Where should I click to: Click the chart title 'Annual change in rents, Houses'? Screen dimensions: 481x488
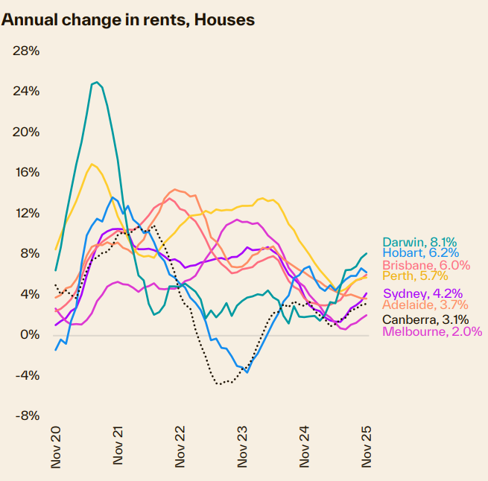coord(128,20)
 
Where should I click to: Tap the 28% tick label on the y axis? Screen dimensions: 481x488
coord(26,51)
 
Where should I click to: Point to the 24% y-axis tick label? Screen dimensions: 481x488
coord(26,91)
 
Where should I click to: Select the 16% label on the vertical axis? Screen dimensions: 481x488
coord(26,172)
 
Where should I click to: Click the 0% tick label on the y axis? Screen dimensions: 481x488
coord(29,334)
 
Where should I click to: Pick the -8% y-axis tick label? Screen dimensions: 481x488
coord(26,415)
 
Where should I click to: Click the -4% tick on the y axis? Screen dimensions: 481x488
coord(26,375)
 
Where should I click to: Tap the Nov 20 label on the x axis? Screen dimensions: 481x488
coord(56,447)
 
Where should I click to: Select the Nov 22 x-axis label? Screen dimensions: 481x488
coord(180,447)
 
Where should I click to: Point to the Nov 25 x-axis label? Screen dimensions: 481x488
coord(367,447)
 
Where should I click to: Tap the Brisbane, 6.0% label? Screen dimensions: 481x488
coord(425,265)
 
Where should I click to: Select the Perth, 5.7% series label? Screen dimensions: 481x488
coord(415,276)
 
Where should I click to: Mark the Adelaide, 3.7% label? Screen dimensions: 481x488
coord(425,305)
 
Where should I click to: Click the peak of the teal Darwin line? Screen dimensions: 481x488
coord(97,83)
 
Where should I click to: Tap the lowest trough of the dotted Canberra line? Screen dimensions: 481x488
coord(219,384)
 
